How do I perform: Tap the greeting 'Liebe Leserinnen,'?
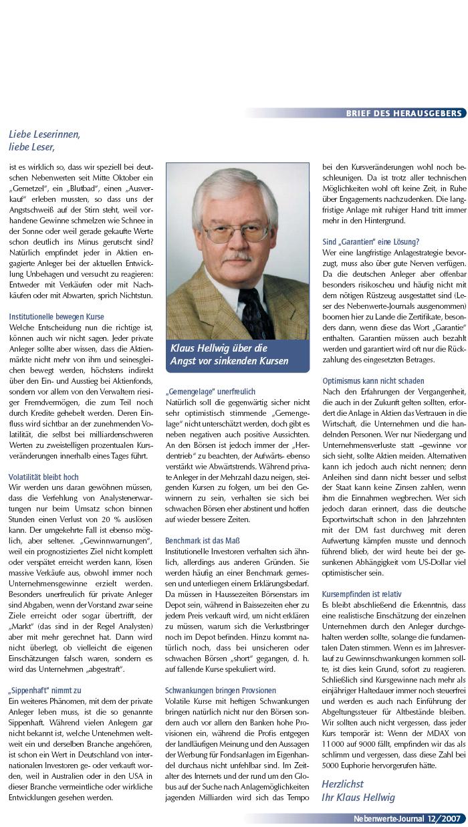point(45,134)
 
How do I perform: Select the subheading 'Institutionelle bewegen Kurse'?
point(57,316)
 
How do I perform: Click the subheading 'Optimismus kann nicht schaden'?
point(373,381)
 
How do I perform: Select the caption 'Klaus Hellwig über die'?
point(219,349)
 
